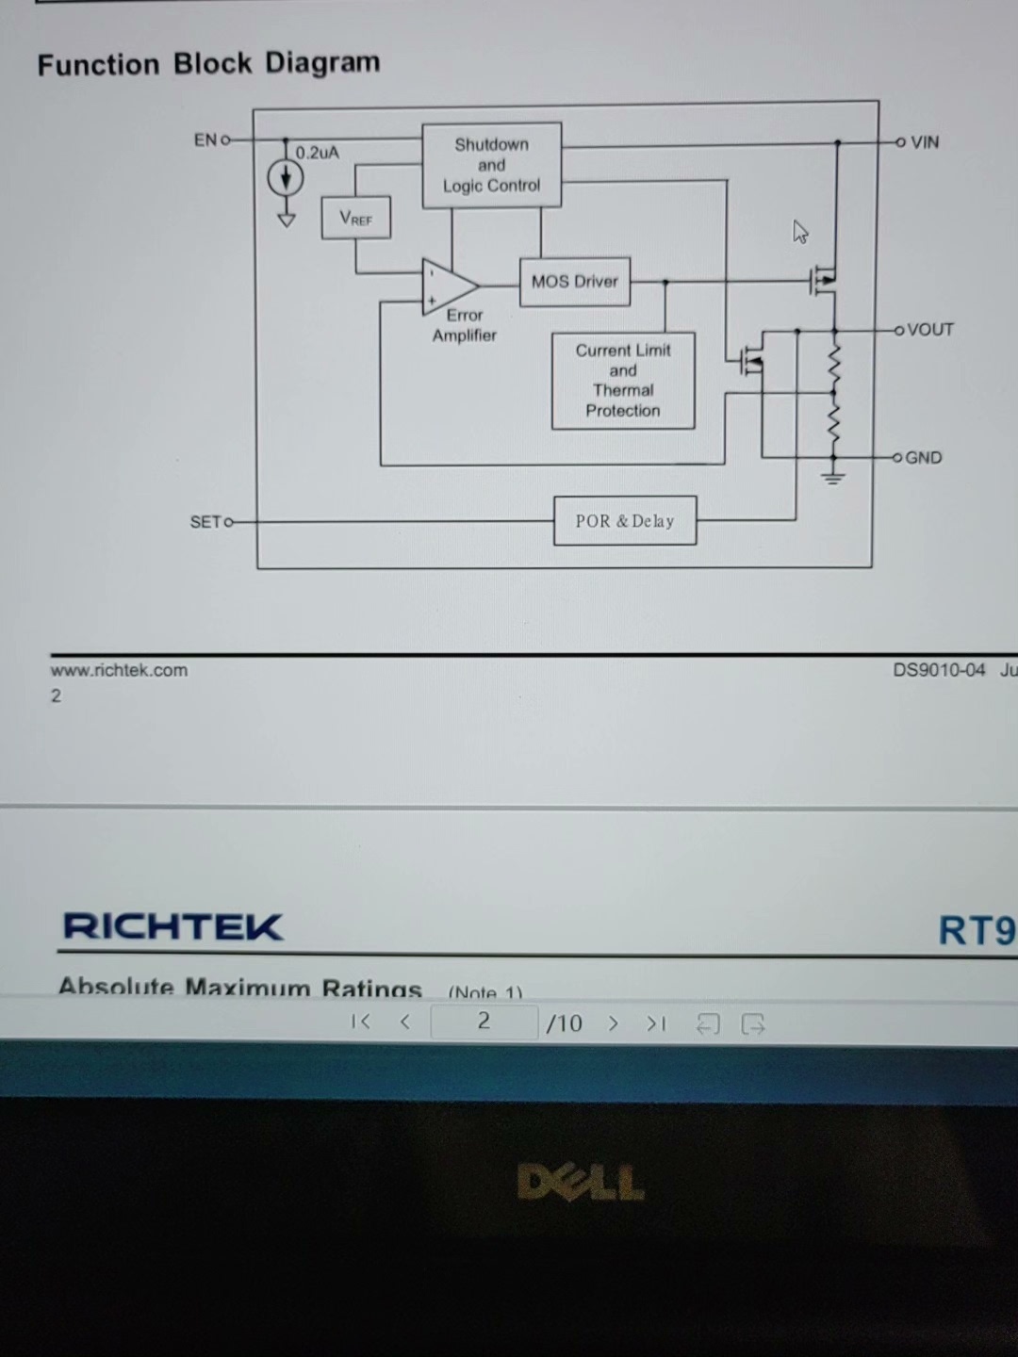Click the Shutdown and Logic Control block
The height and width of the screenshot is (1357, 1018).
(x=491, y=165)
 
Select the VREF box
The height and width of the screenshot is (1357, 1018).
(x=355, y=218)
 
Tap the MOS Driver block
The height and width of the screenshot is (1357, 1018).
(x=574, y=281)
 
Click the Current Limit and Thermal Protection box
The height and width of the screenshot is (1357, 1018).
(x=623, y=381)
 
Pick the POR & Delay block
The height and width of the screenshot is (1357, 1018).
(x=625, y=521)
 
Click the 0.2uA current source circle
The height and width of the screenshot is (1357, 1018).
(x=286, y=177)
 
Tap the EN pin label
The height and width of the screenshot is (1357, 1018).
(x=205, y=140)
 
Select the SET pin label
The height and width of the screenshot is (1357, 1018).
(x=205, y=521)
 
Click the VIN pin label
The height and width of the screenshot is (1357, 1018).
(x=925, y=142)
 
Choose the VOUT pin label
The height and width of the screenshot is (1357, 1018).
(x=930, y=330)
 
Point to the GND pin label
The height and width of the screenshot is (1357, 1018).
(x=923, y=458)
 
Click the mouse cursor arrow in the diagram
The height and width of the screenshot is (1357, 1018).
(x=800, y=232)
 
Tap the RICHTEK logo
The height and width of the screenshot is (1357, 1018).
(x=172, y=926)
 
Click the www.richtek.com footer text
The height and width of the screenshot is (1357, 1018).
(x=119, y=670)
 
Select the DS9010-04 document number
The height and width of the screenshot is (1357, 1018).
(x=939, y=670)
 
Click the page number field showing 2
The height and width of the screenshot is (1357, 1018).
(x=484, y=1022)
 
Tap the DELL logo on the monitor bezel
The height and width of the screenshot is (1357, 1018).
(x=581, y=1183)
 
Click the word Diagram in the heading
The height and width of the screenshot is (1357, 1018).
(x=321, y=63)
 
